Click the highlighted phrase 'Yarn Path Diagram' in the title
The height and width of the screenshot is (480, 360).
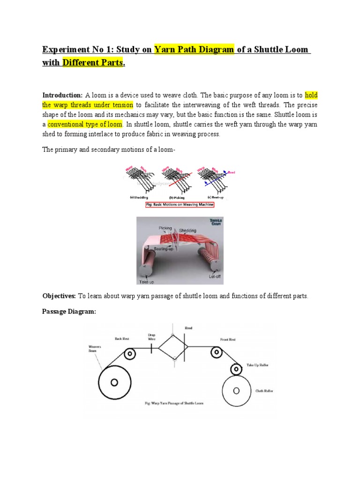click(194, 50)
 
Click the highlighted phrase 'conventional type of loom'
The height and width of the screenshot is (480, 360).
click(85, 124)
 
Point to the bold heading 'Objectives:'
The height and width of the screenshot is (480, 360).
click(59, 297)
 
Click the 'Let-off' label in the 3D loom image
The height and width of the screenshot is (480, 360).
click(215, 277)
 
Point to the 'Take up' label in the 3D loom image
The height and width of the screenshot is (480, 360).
click(146, 282)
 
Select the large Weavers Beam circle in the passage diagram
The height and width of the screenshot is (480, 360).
click(115, 382)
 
